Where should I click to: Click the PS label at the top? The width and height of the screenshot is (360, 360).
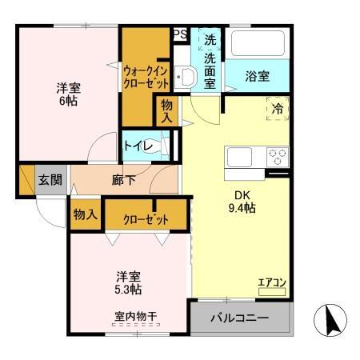pos(180,34)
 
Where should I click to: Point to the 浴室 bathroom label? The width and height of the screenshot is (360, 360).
pos(258,76)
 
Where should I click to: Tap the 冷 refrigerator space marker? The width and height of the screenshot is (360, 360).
pos(277,109)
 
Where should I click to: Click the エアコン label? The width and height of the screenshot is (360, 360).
pos(270,282)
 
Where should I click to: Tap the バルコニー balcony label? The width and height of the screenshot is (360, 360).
pos(240,318)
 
